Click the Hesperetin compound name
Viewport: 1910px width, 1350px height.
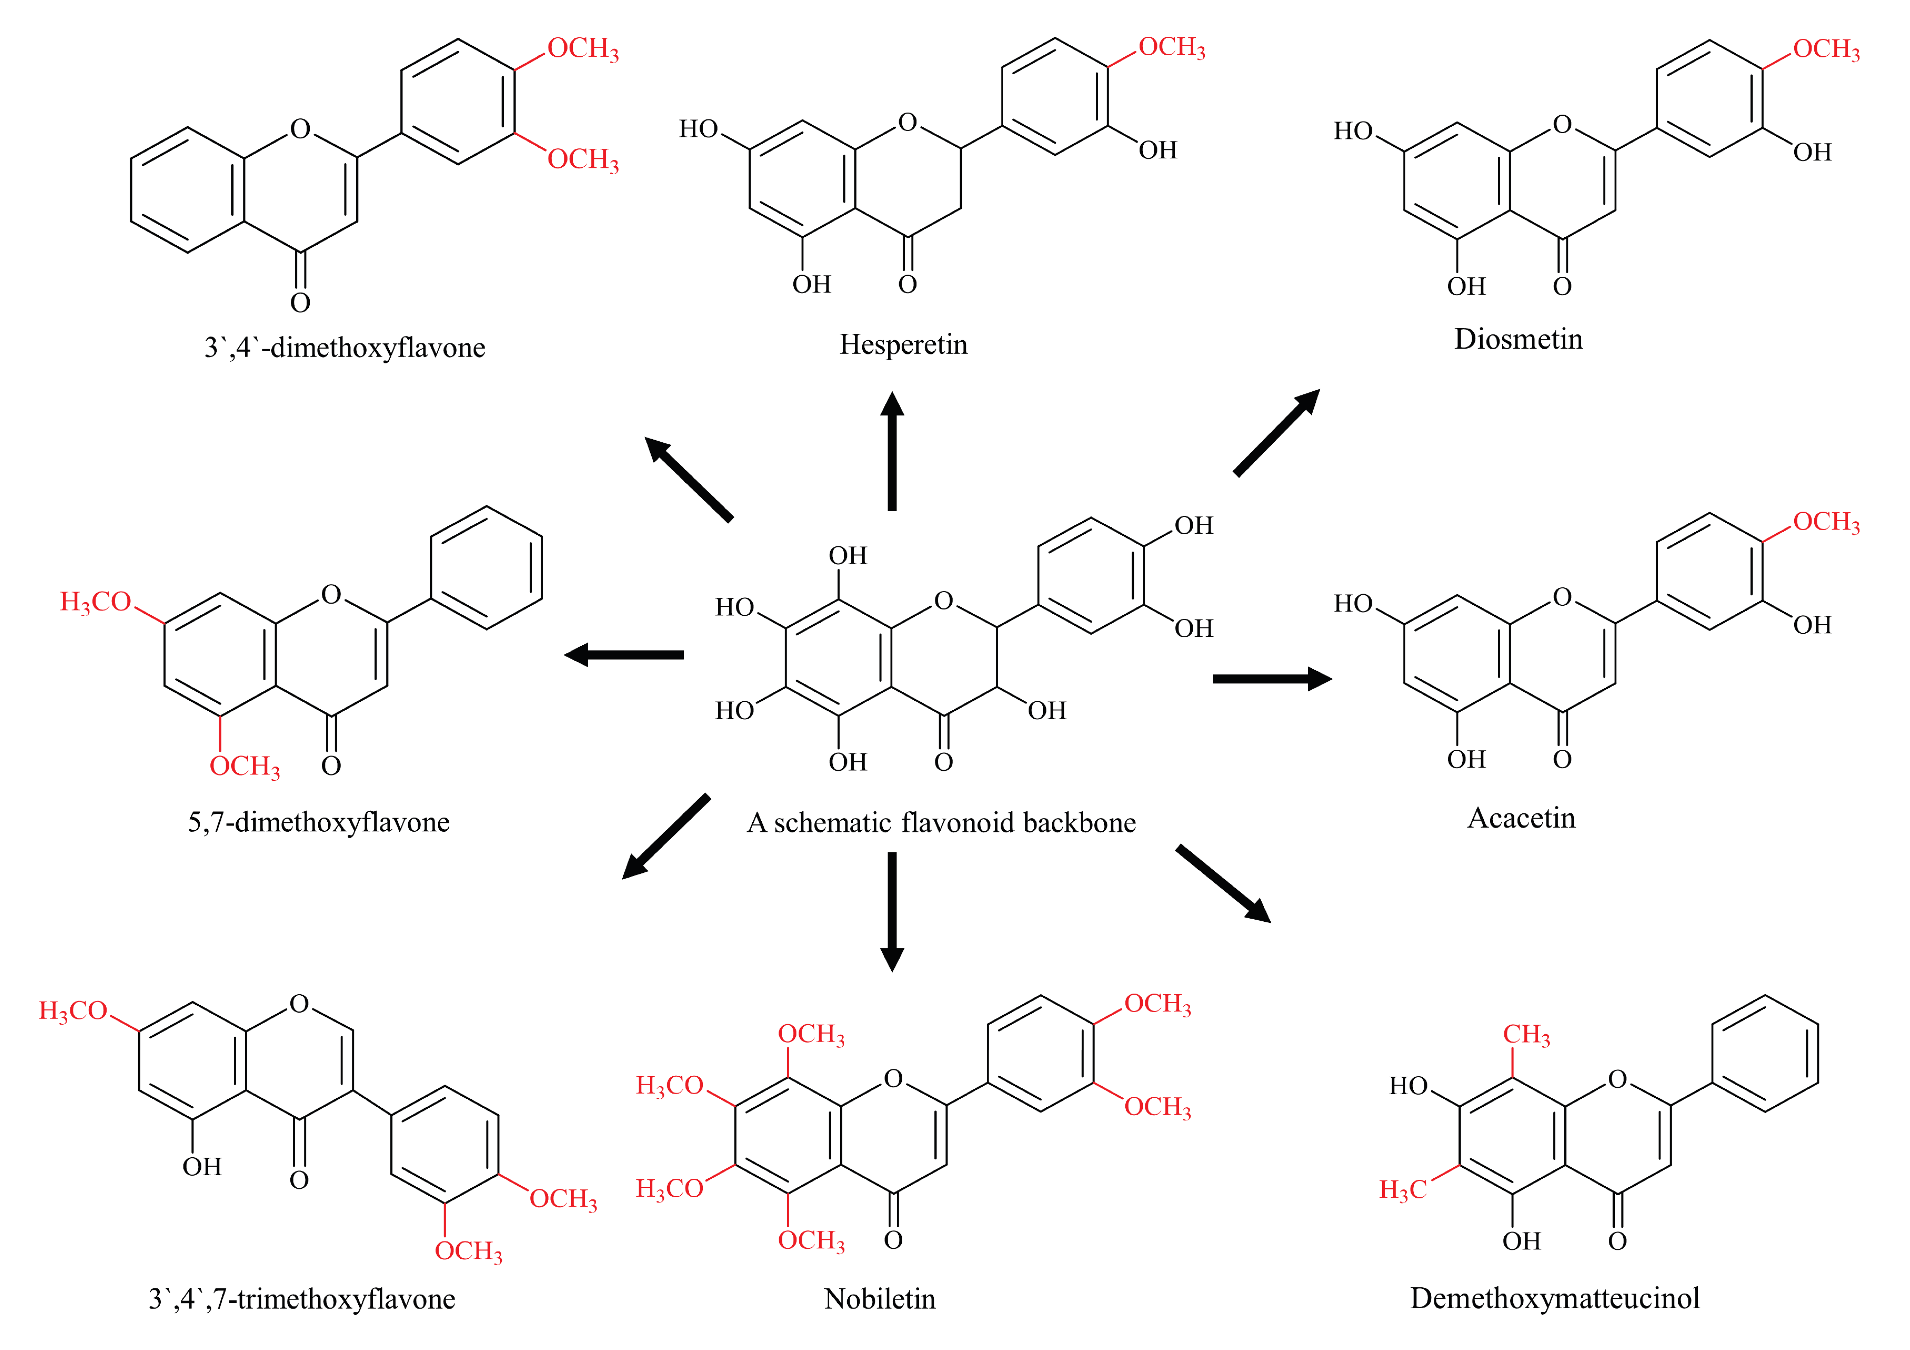tap(903, 344)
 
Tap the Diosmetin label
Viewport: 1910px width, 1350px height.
tap(1518, 339)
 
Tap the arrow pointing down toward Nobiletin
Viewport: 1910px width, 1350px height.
tap(892, 911)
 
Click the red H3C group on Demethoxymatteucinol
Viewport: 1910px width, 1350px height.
tap(1403, 1189)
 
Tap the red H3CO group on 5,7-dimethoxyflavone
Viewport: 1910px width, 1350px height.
tap(96, 601)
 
